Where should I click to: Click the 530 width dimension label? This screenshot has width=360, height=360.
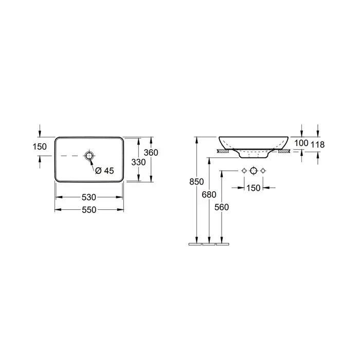tap(89, 197)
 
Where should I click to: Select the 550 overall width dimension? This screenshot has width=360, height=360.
tap(89, 210)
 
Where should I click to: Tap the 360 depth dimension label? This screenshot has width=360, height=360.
tap(151, 152)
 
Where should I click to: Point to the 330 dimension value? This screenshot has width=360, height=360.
tap(138, 163)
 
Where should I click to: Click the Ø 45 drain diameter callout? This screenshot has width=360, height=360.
tap(104, 171)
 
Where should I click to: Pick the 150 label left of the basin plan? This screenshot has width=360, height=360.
tap(40, 147)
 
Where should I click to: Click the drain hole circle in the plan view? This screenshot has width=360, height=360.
tap(89, 156)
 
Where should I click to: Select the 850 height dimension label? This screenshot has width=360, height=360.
tap(196, 182)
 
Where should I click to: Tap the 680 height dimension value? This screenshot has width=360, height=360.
tap(209, 195)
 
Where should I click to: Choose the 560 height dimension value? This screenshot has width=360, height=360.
tap(222, 207)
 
